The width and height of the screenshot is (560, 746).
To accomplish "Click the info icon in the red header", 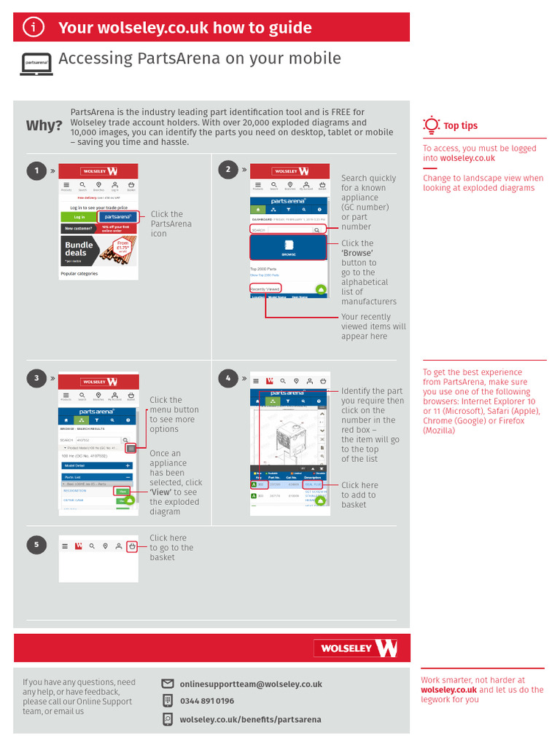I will pos(34,28).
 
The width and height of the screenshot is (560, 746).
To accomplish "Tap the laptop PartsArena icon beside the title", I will pos(36,63).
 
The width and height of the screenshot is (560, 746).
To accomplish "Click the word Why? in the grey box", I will pos(44,125).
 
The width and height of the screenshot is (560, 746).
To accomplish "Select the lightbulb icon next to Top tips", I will pos(432,125).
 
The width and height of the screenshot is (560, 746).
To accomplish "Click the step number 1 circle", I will pos(36,171).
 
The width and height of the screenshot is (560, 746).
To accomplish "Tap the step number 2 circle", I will pos(227,170).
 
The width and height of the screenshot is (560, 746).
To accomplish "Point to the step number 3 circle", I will pos(36,377).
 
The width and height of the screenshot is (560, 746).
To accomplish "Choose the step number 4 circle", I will pos(227,378).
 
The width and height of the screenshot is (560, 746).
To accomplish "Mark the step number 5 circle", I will pos(36,545).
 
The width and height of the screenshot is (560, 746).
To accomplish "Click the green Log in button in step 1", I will pos(78,217).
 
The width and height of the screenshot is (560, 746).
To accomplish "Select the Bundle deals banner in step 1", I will pos(98,250).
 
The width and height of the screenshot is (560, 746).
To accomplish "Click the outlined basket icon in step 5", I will pos(131,546).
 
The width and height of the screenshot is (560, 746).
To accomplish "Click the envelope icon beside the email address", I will pos(168,683).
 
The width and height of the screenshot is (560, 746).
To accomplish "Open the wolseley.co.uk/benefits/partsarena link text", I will pos(250,719).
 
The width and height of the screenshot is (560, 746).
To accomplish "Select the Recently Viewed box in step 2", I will pos(265,289).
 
